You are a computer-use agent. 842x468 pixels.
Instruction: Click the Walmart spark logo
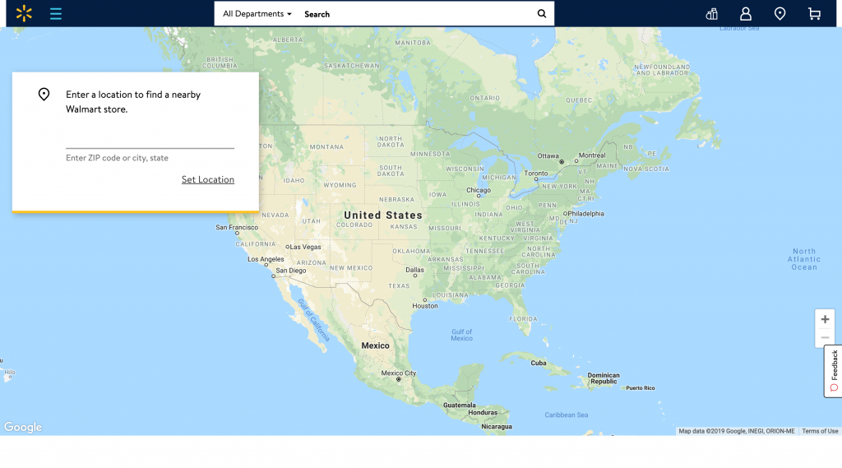(x=25, y=13)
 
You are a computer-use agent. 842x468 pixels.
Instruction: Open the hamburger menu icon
(x=56, y=13)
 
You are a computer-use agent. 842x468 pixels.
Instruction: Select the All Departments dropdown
(x=257, y=14)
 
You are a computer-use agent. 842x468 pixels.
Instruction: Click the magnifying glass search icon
(x=541, y=14)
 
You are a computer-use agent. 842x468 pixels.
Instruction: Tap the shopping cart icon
(x=814, y=14)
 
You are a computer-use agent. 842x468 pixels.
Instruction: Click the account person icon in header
(x=746, y=14)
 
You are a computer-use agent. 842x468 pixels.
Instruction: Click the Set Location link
(x=208, y=179)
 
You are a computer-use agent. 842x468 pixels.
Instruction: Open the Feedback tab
(x=833, y=370)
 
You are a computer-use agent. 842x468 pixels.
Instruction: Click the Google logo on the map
(x=23, y=427)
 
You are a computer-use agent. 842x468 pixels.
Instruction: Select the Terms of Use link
(x=820, y=431)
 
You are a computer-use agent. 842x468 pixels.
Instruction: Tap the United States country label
(x=382, y=215)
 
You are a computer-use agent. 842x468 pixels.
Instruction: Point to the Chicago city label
(x=478, y=190)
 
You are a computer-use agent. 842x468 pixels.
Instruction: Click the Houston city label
(x=425, y=306)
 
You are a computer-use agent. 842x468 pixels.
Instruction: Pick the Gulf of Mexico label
(x=461, y=335)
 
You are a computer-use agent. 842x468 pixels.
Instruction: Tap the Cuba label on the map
(x=539, y=363)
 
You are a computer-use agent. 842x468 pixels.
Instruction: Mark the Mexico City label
(x=399, y=373)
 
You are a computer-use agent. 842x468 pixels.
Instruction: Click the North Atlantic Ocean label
(x=803, y=259)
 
